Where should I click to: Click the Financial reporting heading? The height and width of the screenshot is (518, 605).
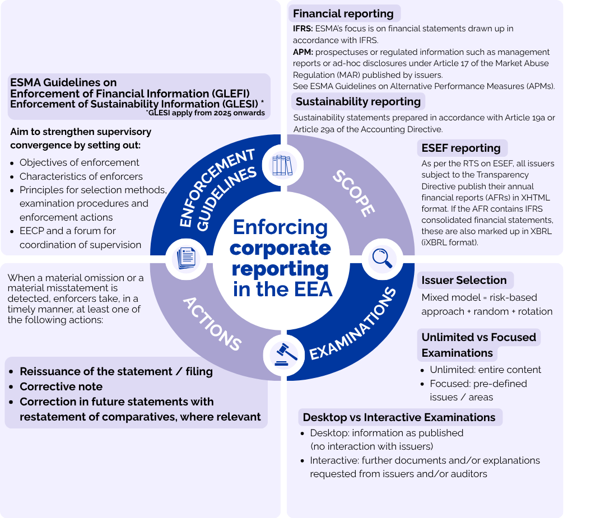tap(343, 14)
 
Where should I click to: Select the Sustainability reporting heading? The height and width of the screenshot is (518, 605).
tap(358, 101)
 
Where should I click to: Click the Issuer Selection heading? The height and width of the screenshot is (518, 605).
tap(464, 280)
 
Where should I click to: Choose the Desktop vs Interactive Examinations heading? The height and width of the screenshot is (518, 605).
tap(399, 417)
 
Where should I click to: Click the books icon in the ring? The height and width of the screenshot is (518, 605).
tap(282, 165)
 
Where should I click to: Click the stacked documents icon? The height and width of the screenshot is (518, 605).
tap(186, 258)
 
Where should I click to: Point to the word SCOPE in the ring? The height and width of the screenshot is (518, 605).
tap(353, 193)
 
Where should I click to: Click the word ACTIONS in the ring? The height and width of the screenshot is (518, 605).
tap(212, 324)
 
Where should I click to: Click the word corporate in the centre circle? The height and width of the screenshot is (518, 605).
tap(281, 248)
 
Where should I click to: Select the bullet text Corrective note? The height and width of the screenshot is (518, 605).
tap(61, 386)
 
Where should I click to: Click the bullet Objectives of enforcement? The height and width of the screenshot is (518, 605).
tap(79, 162)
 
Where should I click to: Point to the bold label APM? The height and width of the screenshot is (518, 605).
tap(303, 52)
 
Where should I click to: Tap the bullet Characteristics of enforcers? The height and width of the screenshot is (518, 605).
tap(81, 176)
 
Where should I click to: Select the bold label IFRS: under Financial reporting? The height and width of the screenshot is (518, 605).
tap(303, 28)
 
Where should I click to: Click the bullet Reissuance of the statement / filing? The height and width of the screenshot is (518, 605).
tap(116, 371)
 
